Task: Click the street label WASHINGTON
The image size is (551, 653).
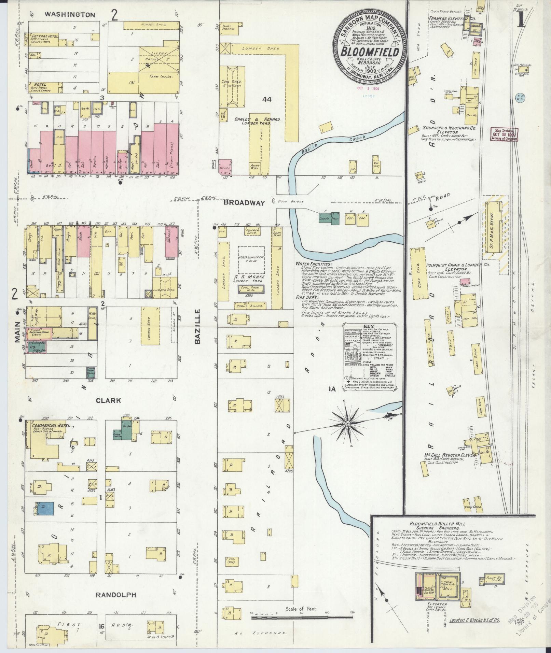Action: (x=70, y=15)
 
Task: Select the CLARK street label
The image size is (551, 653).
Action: (x=108, y=401)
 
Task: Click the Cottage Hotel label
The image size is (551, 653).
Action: (x=45, y=36)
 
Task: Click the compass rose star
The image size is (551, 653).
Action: (x=347, y=424)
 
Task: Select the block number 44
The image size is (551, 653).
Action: (x=267, y=99)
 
